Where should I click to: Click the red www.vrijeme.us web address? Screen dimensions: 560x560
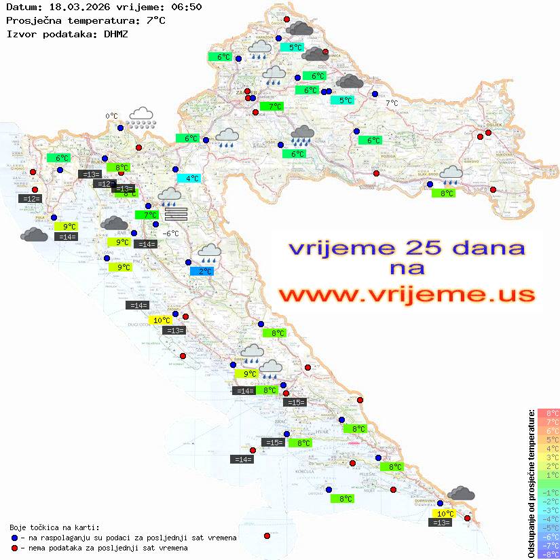click(x=406, y=294)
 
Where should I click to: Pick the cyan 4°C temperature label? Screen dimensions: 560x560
click(x=189, y=179)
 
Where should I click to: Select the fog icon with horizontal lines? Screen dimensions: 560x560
click(x=175, y=214)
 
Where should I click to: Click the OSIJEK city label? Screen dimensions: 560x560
click(x=493, y=125)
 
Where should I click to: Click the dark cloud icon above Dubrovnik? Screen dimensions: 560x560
click(x=461, y=493)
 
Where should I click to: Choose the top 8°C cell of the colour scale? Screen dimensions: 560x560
click(x=548, y=413)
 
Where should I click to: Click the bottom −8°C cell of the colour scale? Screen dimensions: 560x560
click(x=548, y=554)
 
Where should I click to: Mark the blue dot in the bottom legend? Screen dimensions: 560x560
click(x=14, y=538)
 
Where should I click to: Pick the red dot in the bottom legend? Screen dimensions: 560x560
click(x=14, y=547)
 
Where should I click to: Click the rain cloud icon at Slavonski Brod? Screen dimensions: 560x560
click(x=450, y=175)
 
